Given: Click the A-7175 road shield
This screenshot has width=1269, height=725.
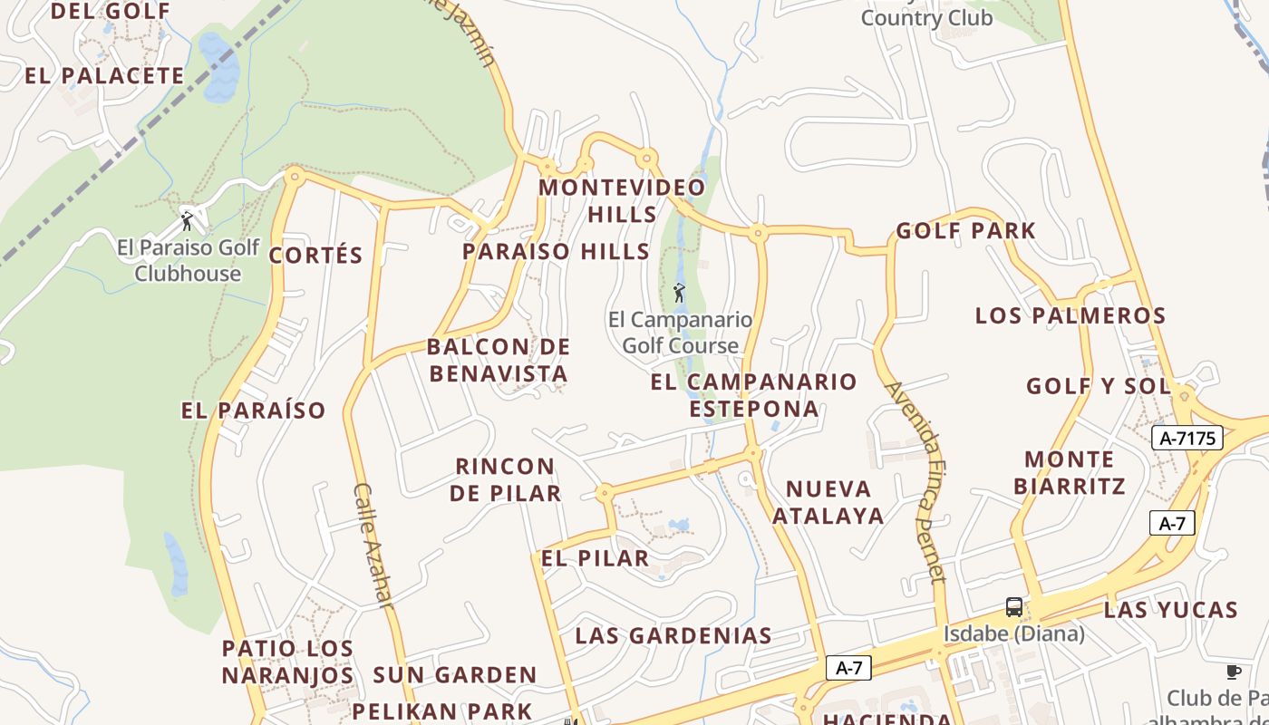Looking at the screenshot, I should [x=1187, y=439].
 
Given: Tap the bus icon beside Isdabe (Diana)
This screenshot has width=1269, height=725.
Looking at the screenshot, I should [x=1013, y=607].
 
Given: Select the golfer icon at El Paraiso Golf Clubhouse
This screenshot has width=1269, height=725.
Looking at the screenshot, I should [x=188, y=220].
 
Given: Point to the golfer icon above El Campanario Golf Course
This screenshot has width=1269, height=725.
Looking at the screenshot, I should [x=679, y=293].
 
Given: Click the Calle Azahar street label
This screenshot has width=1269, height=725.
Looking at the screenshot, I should [x=373, y=546].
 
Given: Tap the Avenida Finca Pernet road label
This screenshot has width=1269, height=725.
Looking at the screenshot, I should [x=916, y=481].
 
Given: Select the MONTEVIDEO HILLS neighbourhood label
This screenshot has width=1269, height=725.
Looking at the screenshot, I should [x=622, y=200].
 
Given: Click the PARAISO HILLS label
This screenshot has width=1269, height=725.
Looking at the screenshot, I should [x=556, y=252].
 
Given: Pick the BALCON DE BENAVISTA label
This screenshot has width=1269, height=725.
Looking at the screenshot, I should [x=499, y=360].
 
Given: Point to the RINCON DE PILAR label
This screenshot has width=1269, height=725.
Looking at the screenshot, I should [x=505, y=479].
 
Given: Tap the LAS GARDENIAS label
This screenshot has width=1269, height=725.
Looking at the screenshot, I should [x=673, y=635].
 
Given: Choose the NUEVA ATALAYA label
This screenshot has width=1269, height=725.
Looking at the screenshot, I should [x=834, y=502].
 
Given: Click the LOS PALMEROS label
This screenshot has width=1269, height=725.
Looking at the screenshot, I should [x=1070, y=315].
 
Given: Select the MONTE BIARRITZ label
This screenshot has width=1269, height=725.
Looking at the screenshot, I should [x=1070, y=472].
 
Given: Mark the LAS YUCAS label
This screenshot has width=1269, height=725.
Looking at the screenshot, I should [x=1170, y=609].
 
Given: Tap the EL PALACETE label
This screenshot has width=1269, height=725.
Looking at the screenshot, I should [x=104, y=75].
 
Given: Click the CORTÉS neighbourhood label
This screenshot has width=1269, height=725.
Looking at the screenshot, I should [x=315, y=256].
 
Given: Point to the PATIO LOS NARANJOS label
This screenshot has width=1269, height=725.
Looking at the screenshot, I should [x=287, y=662].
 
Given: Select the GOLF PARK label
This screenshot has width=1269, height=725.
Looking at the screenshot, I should [x=965, y=230].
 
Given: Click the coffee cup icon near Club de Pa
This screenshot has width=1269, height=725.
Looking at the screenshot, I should [x=1233, y=672].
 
